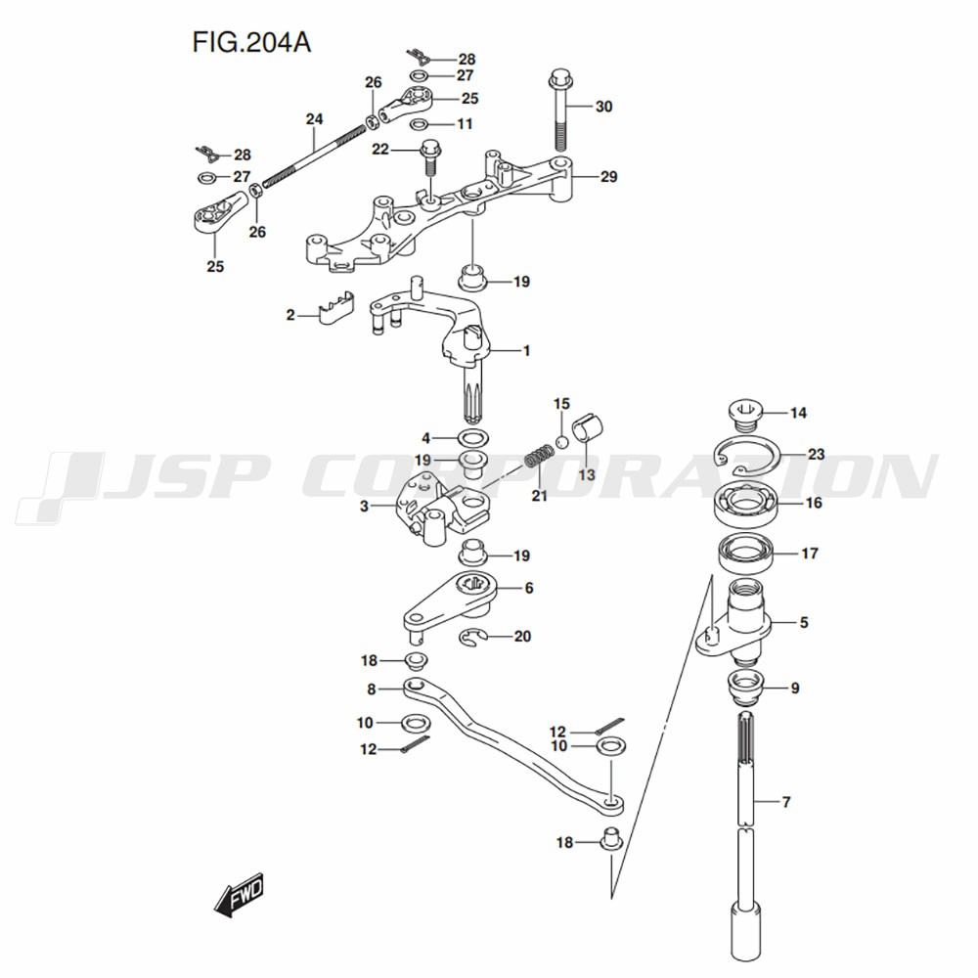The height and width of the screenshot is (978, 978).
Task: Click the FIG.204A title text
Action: coord(246,45)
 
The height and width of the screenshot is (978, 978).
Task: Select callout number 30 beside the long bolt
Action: coord(603,107)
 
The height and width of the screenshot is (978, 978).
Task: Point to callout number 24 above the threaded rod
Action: coord(313,119)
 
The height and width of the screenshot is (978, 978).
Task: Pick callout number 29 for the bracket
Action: coord(609,177)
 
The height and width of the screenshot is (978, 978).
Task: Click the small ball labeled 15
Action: coord(561,442)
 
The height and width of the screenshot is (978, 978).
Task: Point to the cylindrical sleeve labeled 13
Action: coord(590,429)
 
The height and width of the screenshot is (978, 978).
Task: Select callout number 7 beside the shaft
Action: coord(786,802)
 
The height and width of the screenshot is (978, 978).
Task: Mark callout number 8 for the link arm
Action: coord(372,689)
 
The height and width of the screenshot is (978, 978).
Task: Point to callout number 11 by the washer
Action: coord(464,124)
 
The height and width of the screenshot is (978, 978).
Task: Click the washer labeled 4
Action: coord(474,437)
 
